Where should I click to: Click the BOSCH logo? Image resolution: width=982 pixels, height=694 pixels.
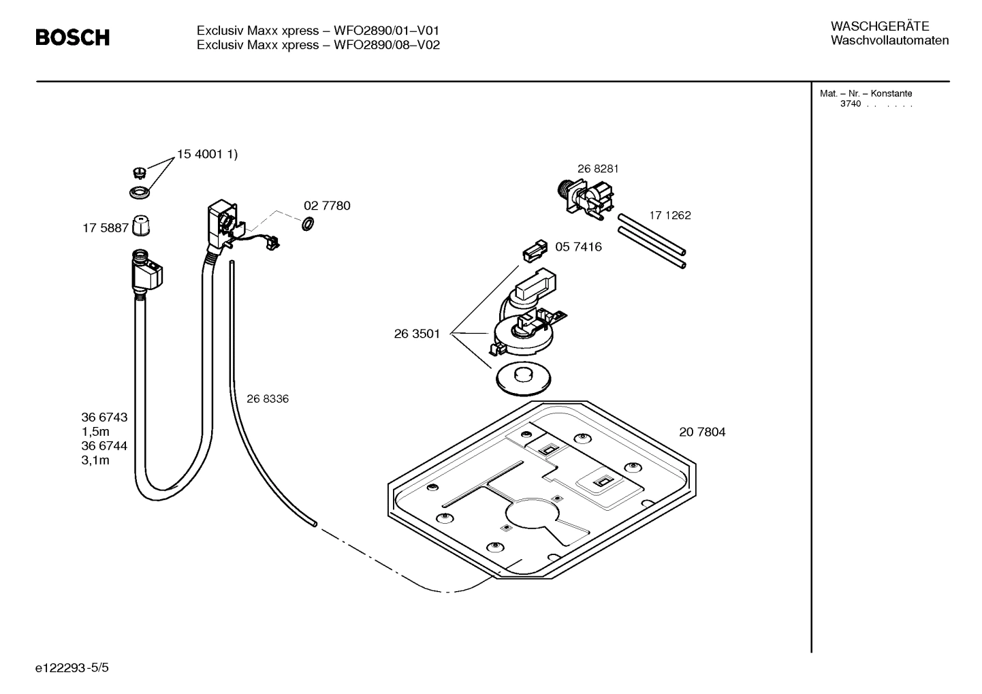(72, 38)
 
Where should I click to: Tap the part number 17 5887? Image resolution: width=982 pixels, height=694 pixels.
(106, 228)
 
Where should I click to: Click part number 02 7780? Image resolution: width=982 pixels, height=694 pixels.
(327, 206)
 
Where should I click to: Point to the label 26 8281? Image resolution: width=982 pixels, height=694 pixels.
(598, 169)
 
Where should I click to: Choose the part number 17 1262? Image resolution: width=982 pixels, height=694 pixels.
(669, 215)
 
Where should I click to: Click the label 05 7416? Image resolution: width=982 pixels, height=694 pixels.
(578, 247)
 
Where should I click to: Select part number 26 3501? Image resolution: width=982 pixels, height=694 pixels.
(417, 334)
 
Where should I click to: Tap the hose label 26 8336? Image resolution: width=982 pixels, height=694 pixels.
(267, 399)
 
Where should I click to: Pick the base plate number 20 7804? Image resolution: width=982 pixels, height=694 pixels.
(702, 432)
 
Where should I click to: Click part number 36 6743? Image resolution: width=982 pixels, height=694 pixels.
(104, 417)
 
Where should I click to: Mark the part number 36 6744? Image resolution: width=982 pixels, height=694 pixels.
(104, 446)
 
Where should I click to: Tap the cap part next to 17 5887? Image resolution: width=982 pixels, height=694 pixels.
(140, 225)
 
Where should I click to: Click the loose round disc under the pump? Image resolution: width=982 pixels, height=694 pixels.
(522, 378)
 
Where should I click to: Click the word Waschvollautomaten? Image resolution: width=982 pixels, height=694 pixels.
(889, 41)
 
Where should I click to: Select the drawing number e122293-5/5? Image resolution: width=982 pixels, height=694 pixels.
(72, 668)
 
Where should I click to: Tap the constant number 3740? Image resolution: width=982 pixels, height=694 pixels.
(851, 104)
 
